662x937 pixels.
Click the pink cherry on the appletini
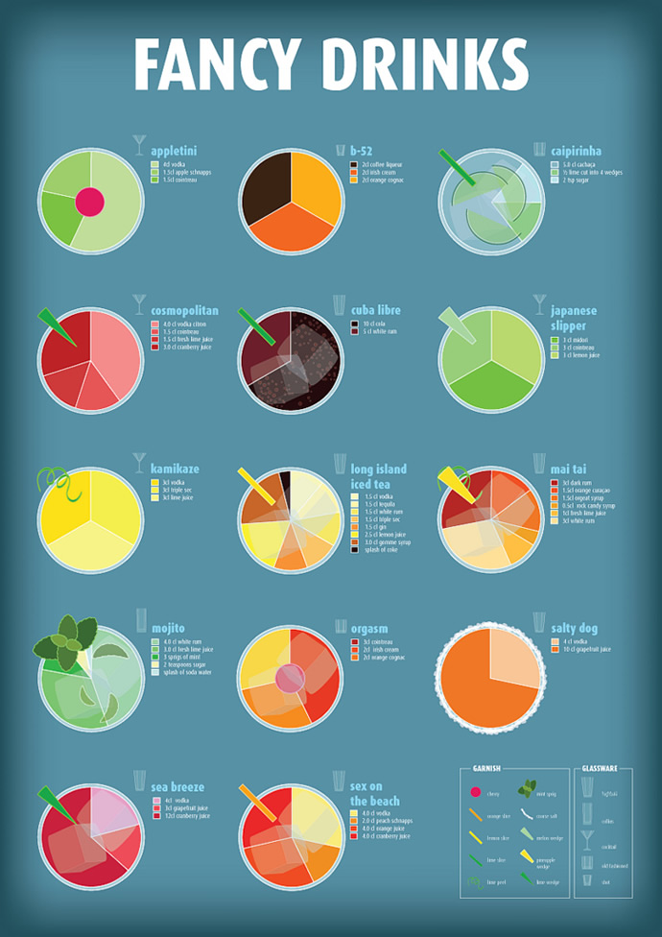[x=89, y=202]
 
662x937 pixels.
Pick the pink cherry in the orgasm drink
[x=290, y=678]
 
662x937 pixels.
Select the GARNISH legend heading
[x=489, y=768]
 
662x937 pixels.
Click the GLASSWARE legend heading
[x=600, y=768]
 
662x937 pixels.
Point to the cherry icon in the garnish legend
[x=473, y=793]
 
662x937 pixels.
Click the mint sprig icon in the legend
[x=527, y=789]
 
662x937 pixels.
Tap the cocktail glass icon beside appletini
[x=139, y=145]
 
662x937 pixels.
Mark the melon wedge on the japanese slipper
[x=456, y=327]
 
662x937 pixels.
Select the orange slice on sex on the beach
[x=252, y=798]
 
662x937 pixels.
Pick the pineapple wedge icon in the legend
[x=526, y=858]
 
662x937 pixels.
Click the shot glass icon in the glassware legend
[x=586, y=879]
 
